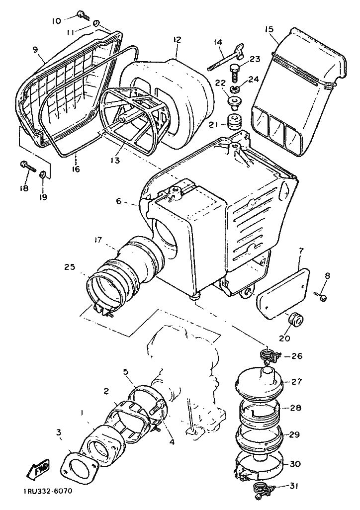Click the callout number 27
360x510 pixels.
point(297,382)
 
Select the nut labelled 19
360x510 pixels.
point(43,175)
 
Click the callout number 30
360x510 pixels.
point(295,464)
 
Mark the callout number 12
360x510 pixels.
point(178,40)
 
